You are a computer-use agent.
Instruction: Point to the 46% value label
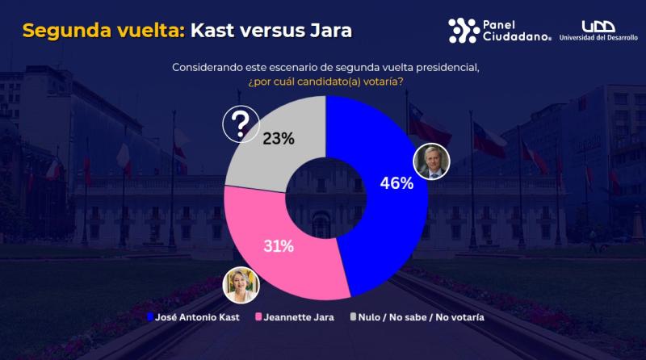pos(396,183)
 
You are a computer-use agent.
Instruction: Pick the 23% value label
pos(279,139)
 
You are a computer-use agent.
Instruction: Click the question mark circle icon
pos(240,124)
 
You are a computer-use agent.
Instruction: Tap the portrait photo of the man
pos(430,162)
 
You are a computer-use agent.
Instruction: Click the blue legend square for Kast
pos(151,317)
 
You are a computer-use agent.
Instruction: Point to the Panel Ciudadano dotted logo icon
pos(464,30)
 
